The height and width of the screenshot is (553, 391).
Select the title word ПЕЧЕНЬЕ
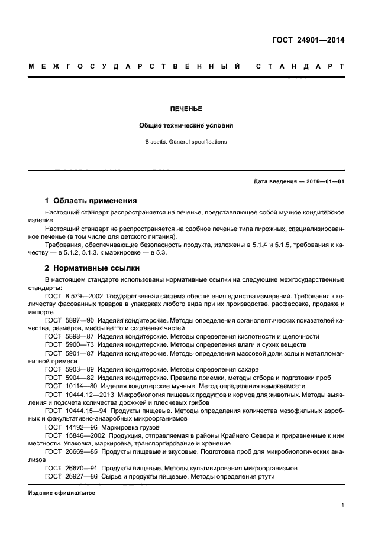click(186, 109)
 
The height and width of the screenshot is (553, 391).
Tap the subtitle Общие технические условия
click(186, 126)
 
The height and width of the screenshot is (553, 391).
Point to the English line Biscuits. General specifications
click(186, 142)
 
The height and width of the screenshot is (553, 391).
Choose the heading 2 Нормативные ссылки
click(89, 267)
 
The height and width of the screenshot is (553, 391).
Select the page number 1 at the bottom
click(343, 506)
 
